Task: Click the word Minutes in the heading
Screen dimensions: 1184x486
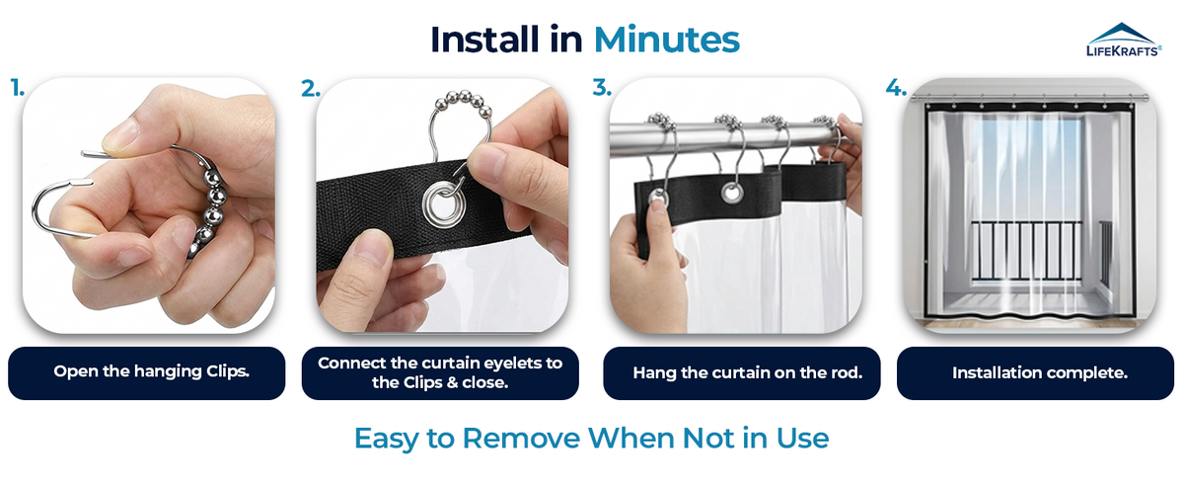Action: tap(667, 40)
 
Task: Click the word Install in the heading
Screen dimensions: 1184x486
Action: tap(484, 40)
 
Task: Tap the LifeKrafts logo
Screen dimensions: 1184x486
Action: tap(1124, 40)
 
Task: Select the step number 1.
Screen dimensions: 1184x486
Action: tap(17, 88)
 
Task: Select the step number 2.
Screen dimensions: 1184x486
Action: tap(310, 89)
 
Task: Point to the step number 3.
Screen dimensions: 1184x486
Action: tap(602, 88)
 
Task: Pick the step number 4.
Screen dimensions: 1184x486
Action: tap(896, 88)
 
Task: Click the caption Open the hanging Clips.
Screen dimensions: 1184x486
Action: tap(151, 371)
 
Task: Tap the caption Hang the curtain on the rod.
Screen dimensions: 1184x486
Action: tap(748, 372)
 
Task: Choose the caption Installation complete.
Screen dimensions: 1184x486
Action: tap(1040, 372)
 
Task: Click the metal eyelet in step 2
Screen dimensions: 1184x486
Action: tap(443, 202)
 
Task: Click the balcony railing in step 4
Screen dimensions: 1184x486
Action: tap(1026, 249)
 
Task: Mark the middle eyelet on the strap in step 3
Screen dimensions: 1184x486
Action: tap(732, 193)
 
